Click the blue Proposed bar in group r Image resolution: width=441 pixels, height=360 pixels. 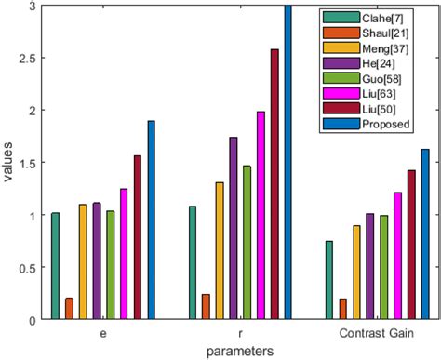288,163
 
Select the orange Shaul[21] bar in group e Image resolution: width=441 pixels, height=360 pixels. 69,309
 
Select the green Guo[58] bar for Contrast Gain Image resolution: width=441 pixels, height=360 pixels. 384,280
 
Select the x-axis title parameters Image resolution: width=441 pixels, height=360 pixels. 240,351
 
